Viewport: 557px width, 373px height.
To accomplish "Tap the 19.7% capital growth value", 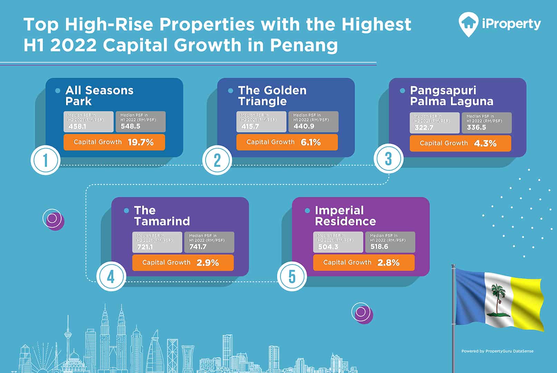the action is click(x=141, y=142).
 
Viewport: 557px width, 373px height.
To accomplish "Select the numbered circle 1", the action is click(x=46, y=160).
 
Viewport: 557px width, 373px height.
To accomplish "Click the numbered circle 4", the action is click(x=111, y=277).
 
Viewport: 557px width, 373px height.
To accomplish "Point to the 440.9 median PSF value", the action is click(x=304, y=126).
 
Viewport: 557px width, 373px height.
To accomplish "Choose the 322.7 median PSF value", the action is click(x=424, y=127).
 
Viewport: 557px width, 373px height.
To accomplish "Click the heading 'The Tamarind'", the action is click(x=162, y=216).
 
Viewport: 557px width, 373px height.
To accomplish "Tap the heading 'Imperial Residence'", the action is click(x=345, y=216).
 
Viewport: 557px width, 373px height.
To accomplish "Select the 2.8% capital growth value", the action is click(x=388, y=262).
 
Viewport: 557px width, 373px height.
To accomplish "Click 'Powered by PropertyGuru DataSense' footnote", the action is click(x=497, y=351).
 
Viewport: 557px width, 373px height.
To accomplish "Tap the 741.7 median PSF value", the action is click(x=198, y=247).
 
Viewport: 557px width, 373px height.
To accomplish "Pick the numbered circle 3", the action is click(x=388, y=159).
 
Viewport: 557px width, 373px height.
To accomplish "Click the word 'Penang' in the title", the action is click(x=304, y=46).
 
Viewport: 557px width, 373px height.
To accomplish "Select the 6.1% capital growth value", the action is click(x=310, y=142).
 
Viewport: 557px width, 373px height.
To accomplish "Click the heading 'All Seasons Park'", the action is click(x=99, y=96).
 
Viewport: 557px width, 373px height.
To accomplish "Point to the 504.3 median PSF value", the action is click(x=328, y=247).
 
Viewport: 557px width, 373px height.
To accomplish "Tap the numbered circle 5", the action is click(x=292, y=277).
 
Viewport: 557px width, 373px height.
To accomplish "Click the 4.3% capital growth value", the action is click(x=485, y=143).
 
